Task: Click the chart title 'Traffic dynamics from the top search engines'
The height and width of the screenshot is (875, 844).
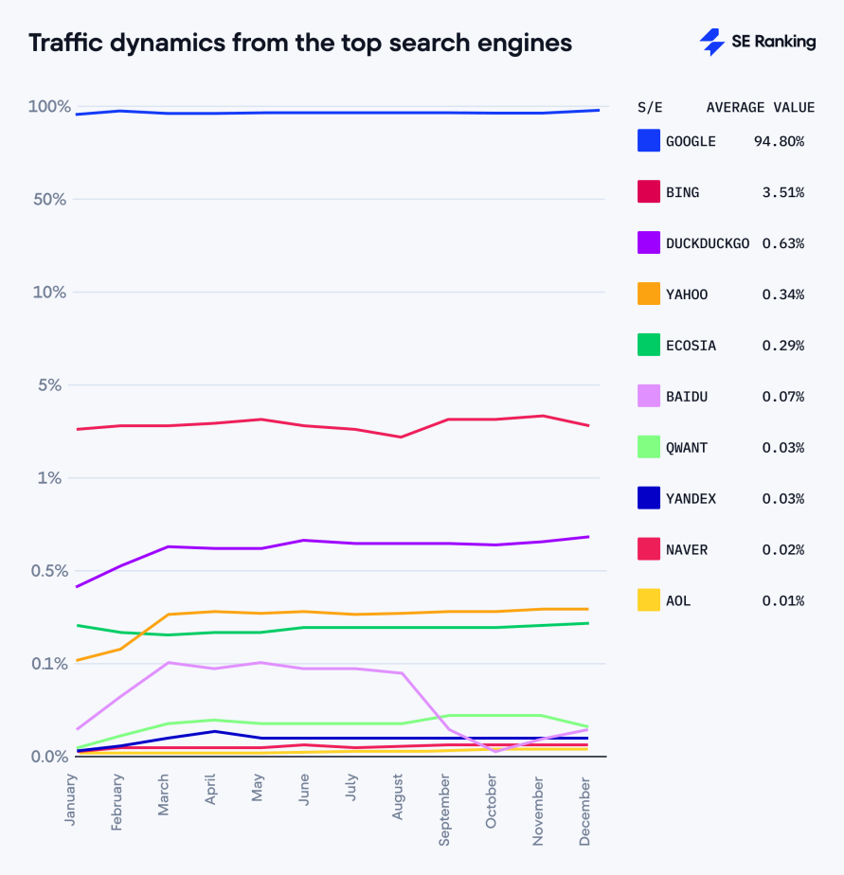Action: (299, 44)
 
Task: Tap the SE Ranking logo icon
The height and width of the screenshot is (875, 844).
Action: (711, 43)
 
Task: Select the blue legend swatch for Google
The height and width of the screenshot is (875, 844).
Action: (649, 141)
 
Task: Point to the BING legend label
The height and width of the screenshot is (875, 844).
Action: (682, 192)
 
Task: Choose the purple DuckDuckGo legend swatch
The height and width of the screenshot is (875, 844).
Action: (649, 243)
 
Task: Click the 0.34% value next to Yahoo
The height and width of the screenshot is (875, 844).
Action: (782, 295)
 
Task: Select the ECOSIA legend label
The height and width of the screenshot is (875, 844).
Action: (691, 346)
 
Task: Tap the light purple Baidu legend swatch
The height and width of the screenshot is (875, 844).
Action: (649, 397)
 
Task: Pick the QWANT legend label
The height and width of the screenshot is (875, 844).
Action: (687, 448)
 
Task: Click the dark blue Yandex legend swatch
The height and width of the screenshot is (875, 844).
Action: (649, 499)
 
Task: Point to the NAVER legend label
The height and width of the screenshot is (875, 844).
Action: (687, 550)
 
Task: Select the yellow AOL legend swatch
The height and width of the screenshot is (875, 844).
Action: (649, 601)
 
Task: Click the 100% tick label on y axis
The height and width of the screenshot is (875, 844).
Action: (49, 107)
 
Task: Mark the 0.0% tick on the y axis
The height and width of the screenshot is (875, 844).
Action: (49, 757)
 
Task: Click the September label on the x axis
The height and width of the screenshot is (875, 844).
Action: (445, 812)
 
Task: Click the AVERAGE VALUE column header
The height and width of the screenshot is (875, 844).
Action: (760, 107)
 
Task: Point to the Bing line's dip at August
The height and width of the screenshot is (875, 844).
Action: (400, 437)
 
